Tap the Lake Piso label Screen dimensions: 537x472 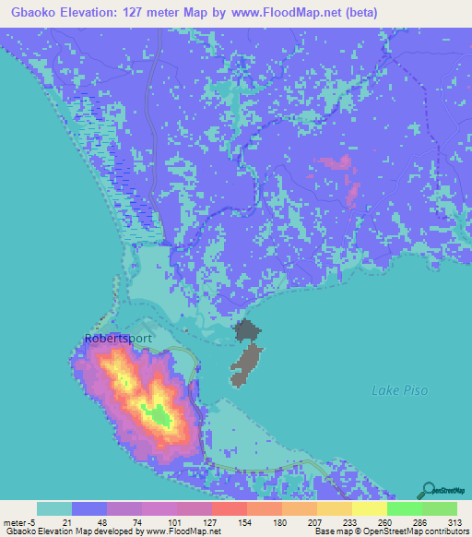tap(398, 391)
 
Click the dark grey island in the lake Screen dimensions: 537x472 tap(244, 355)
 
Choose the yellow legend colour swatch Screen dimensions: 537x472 tap(369, 508)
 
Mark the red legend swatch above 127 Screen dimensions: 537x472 tap(229, 508)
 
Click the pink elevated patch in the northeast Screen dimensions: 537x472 tap(336, 166)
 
